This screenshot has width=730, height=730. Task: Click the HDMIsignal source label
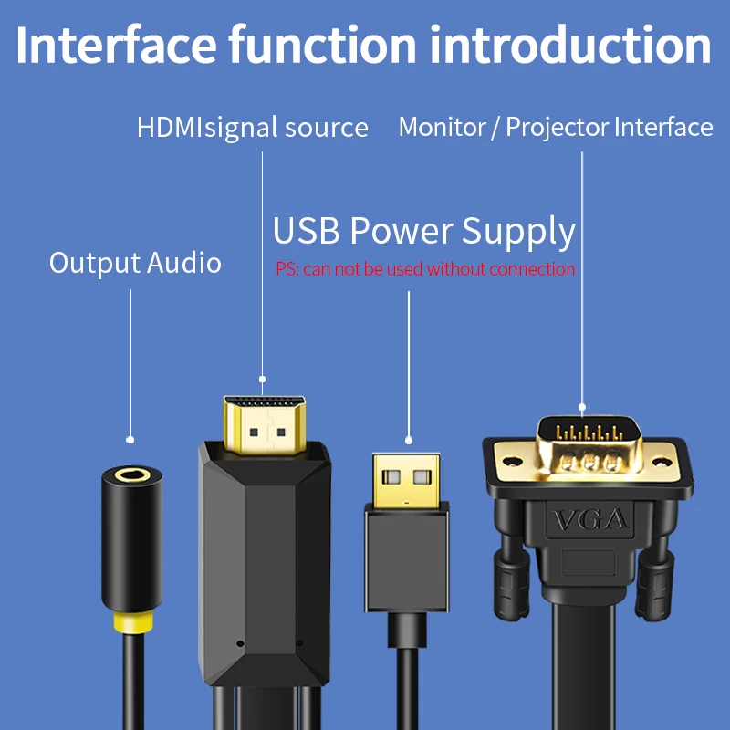tap(253, 127)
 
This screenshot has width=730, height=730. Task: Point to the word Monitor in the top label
tap(442, 127)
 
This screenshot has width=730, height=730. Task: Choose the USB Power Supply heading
tap(424, 232)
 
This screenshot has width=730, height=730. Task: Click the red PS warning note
tap(425, 269)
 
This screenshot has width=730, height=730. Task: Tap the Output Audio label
tap(135, 264)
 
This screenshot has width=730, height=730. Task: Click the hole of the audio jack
tap(131, 475)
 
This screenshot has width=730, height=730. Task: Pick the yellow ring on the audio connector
tap(130, 624)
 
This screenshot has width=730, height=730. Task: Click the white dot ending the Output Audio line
tap(130, 440)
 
